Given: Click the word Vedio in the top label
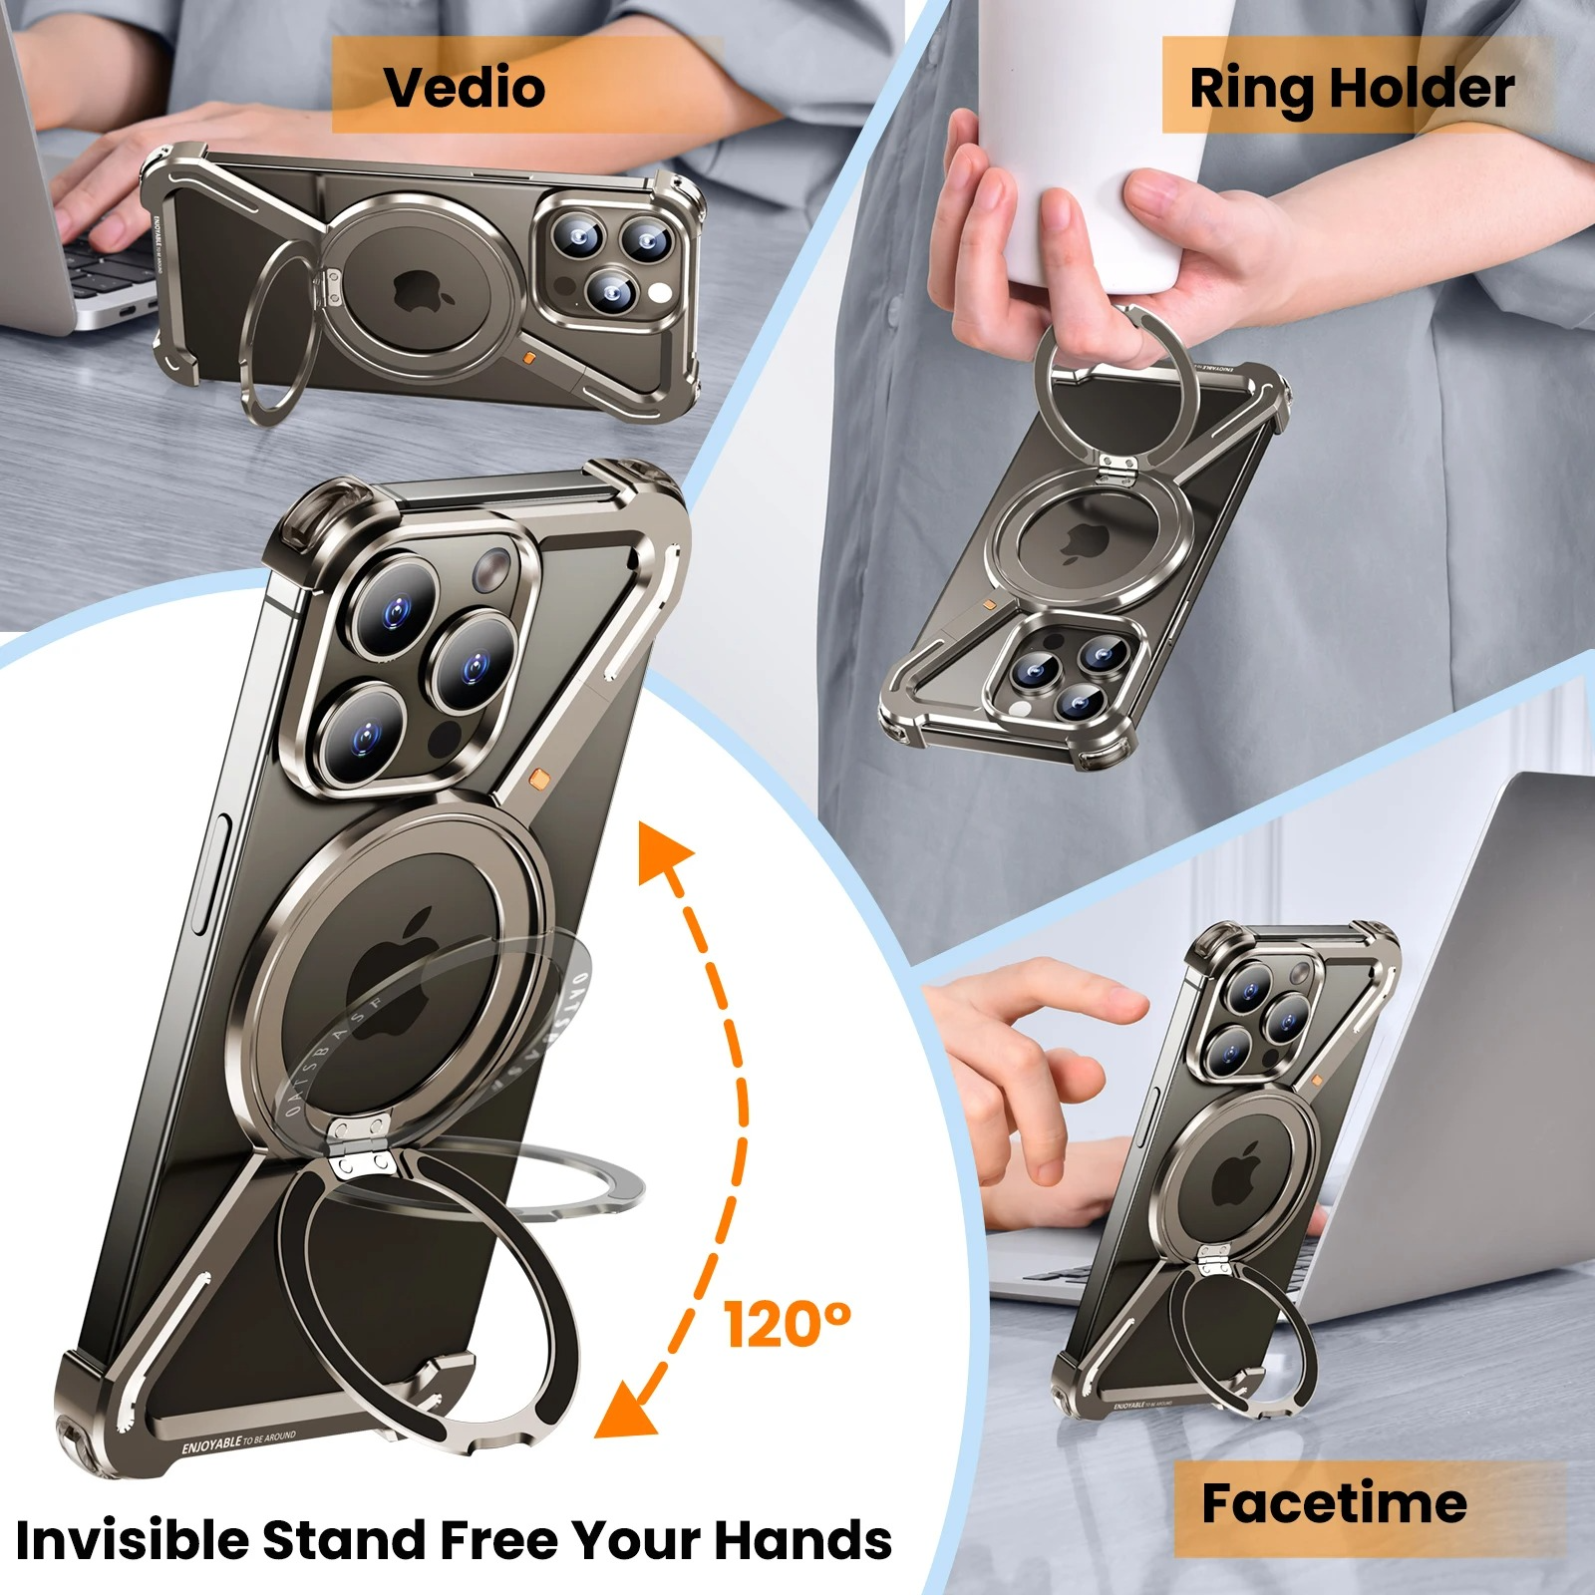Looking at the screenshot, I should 465,88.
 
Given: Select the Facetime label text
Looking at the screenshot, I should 1333,1503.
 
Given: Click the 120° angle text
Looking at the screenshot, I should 788,1324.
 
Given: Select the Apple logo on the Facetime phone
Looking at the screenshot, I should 1236,1176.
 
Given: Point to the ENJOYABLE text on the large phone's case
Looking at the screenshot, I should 211,1444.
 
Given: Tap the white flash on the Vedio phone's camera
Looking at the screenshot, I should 659,292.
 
